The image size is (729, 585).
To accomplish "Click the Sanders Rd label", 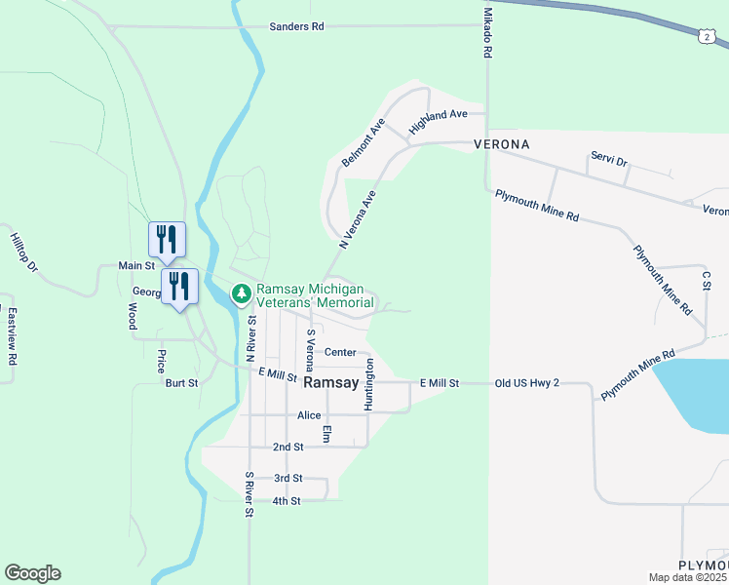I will pyautogui.click(x=296, y=26).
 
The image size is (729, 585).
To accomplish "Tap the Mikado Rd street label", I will pyautogui.click(x=486, y=35).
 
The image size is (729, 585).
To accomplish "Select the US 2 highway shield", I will pyautogui.click(x=705, y=36).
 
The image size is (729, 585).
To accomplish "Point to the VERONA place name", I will pyautogui.click(x=501, y=144).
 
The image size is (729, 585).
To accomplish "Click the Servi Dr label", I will pyautogui.click(x=609, y=157).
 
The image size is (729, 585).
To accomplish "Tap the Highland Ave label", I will pyautogui.click(x=439, y=120).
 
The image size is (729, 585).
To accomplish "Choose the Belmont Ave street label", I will pyautogui.click(x=364, y=142).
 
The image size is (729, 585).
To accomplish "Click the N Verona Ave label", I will pyautogui.click(x=357, y=219).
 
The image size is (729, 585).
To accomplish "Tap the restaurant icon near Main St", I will pyautogui.click(x=167, y=238).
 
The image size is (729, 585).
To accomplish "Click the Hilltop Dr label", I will pyautogui.click(x=23, y=252).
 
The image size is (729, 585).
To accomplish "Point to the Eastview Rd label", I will pyautogui.click(x=13, y=336).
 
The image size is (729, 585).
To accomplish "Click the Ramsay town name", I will pyautogui.click(x=331, y=383).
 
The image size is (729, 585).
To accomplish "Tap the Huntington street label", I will pyautogui.click(x=369, y=384).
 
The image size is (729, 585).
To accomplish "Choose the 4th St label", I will pyautogui.click(x=287, y=501).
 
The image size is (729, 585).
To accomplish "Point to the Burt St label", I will pyautogui.click(x=181, y=383).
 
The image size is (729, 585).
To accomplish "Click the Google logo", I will pyautogui.click(x=32, y=573).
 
